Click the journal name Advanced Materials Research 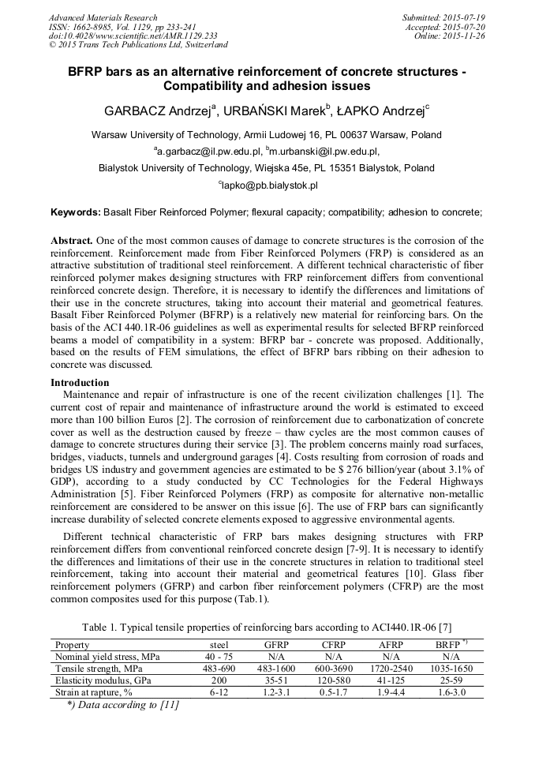point(103,17)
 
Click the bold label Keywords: point(76,212)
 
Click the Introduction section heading point(80,383)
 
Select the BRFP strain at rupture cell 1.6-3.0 point(451,691)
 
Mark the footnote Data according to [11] point(122,705)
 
